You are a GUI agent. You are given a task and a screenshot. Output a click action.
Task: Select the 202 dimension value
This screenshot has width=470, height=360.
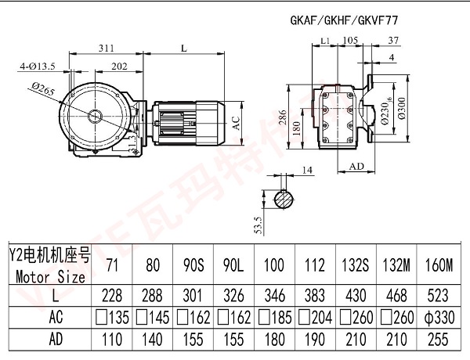click(x=120, y=67)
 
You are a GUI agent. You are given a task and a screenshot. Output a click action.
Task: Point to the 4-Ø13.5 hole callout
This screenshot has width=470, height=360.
click(x=37, y=67)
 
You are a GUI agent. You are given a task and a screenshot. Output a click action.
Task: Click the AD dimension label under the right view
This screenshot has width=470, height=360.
click(x=356, y=166)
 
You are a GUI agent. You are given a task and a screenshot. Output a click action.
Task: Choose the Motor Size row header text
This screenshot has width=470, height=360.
click(x=49, y=275)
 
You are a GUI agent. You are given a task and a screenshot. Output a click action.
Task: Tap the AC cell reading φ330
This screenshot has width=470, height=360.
click(x=438, y=318)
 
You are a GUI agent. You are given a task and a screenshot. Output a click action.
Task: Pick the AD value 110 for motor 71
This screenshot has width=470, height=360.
click(x=113, y=341)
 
